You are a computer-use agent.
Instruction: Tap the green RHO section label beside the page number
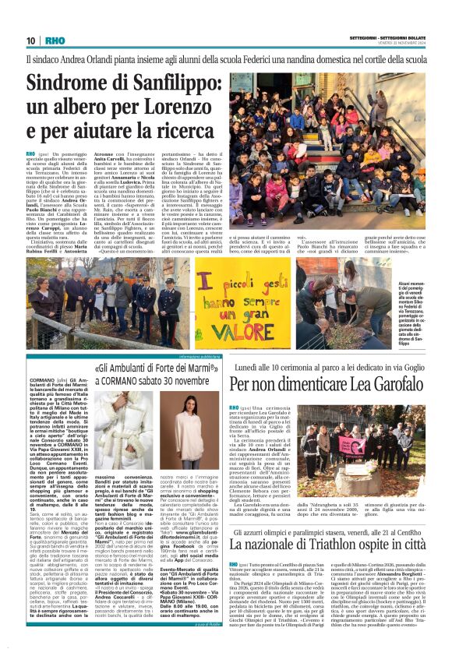click(x=55, y=41)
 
